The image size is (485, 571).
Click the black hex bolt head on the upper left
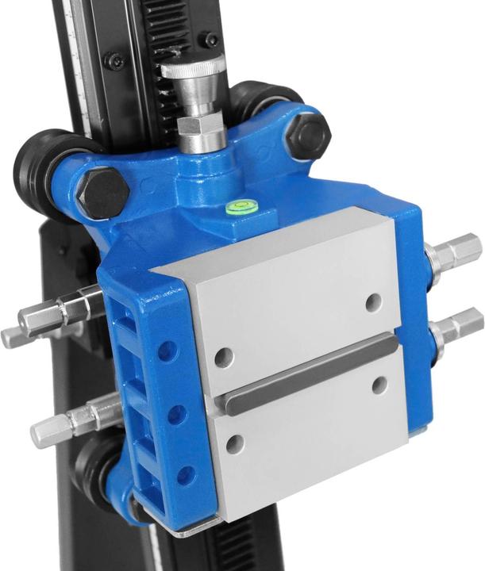coord(102,192)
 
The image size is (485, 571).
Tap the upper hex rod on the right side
coord(456,254)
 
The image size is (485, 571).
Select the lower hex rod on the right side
coord(458,325)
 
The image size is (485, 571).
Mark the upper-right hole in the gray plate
coord(374,302)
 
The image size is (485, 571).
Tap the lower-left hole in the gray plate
coord(235,444)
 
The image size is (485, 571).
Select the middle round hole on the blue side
coord(176,415)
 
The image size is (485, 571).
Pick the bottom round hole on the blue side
coord(186,476)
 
